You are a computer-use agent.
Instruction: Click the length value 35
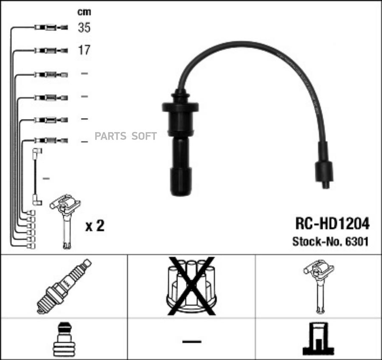tap(84, 28)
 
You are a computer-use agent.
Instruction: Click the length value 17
tap(84, 50)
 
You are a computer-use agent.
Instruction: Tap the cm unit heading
tap(84, 12)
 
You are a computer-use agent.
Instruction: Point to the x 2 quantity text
tap(95, 226)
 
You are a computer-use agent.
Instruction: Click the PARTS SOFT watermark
tap(126, 136)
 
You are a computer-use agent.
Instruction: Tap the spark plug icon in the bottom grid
tap(64, 286)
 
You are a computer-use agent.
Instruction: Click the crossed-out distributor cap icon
tap(191, 286)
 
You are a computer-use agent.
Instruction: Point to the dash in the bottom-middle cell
tap(191, 340)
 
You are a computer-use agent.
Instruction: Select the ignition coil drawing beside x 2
tap(65, 221)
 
